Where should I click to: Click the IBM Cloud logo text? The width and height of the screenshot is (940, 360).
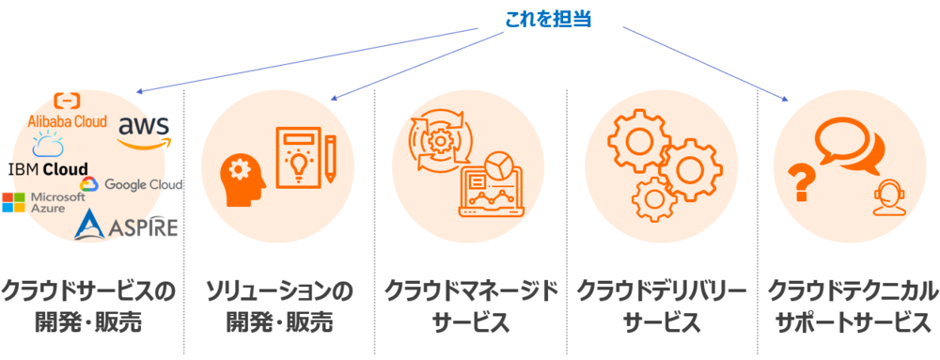[x=48, y=169]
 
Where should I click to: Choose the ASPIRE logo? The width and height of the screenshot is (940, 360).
[x=126, y=225]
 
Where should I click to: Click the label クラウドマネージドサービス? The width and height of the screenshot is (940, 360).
[x=471, y=306]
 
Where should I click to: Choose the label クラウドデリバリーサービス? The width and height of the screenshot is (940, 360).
[x=662, y=306]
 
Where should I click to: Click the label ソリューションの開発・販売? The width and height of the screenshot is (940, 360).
[x=279, y=306]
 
